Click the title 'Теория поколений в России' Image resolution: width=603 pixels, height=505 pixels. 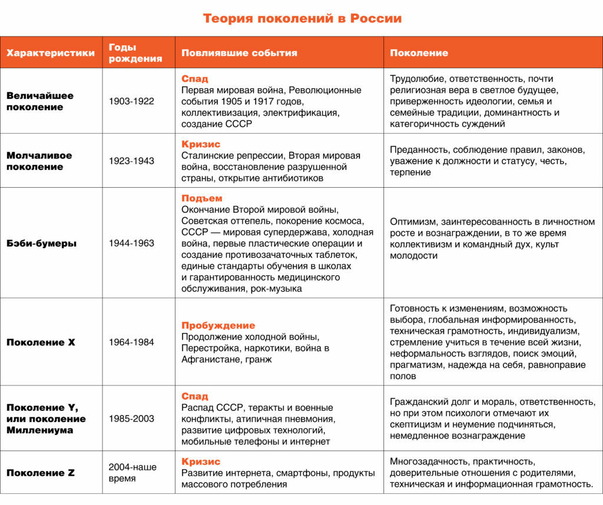click(302, 18)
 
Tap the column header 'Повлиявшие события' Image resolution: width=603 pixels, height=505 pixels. click(239, 53)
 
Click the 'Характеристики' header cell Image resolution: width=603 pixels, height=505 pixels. click(51, 53)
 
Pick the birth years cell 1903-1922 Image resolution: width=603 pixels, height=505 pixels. click(131, 101)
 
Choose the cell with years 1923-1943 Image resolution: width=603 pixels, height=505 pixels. click(131, 161)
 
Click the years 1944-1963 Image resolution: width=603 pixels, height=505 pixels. click(131, 243)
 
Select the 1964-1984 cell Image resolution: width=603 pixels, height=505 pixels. click(131, 342)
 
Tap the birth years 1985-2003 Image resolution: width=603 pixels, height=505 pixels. click(131, 418)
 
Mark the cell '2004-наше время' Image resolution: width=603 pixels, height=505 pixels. click(132, 473)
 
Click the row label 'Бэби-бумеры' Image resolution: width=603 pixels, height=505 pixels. click(41, 243)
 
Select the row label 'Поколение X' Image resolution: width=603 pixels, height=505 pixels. click(41, 342)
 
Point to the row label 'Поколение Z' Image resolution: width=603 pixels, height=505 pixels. click(41, 473)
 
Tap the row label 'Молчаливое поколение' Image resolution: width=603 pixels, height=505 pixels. click(39, 161)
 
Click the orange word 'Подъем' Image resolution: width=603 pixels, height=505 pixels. click(202, 198)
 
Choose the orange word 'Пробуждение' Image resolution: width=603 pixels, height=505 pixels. click(218, 325)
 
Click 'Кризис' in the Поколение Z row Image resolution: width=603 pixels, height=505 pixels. click(201, 461)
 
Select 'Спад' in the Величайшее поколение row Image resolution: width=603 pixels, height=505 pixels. click(195, 79)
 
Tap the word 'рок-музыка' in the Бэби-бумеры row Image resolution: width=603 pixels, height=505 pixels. click(276, 288)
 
